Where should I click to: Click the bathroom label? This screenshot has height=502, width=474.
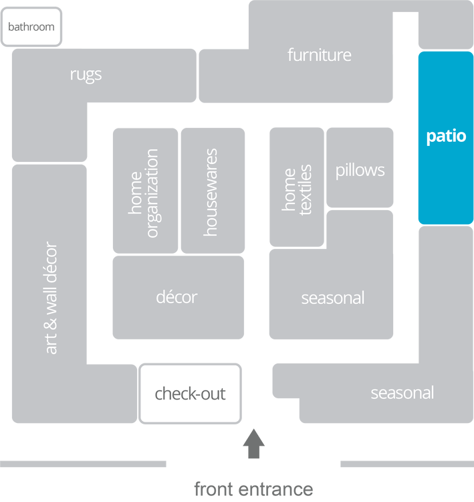(x=31, y=27)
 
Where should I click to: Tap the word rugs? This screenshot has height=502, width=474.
(x=86, y=74)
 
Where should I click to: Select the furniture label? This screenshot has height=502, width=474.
(x=319, y=55)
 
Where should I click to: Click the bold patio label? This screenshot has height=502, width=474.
(x=446, y=137)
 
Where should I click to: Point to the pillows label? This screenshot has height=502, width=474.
(x=360, y=170)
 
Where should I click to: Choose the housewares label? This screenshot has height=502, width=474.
(x=211, y=192)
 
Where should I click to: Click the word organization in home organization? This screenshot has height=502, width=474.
(x=152, y=193)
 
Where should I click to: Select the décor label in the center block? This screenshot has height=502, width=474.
(x=176, y=297)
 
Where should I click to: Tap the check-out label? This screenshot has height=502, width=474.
(x=190, y=394)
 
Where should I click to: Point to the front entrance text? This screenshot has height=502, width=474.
(x=253, y=489)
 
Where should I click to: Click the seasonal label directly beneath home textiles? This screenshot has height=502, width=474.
(x=332, y=297)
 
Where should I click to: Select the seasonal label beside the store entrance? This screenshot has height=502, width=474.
(x=402, y=393)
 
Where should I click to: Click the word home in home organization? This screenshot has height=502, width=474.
(x=136, y=193)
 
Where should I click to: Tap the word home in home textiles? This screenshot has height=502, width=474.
(x=289, y=189)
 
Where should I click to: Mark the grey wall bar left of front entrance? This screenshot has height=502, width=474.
(x=84, y=464)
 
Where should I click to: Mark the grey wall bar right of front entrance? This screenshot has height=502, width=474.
(x=406, y=464)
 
